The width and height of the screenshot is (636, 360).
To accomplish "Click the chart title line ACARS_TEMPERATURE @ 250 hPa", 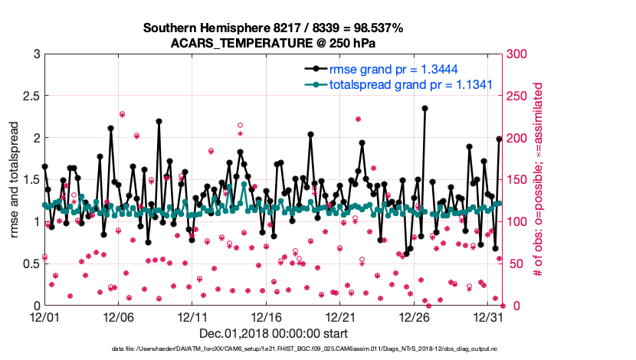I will click(273, 42).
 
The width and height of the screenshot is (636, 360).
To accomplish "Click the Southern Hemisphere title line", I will click(273, 28).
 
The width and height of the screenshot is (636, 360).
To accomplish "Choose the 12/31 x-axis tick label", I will click(490, 316).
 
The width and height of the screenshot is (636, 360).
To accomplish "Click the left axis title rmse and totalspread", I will click(14, 179).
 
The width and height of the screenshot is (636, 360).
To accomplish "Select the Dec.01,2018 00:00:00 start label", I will click(274, 333).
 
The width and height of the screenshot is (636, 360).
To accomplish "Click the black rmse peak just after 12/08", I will click(159, 120).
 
